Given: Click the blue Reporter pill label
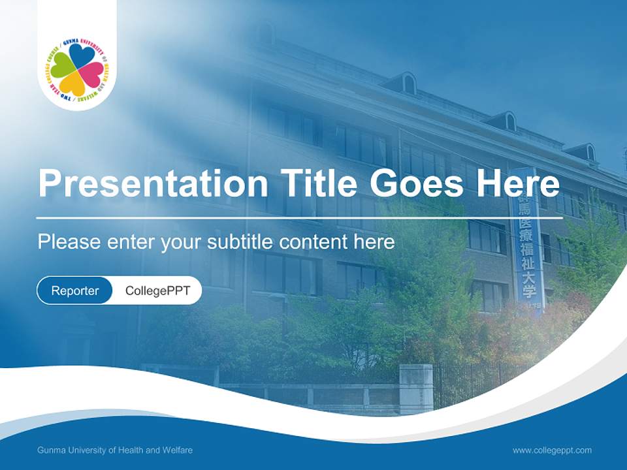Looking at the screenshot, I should [75, 290].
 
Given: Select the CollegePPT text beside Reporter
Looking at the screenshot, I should [157, 290].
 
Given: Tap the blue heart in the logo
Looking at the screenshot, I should [81, 57].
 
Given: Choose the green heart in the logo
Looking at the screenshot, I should [63, 66].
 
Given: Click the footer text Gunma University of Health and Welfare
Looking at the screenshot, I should [115, 450].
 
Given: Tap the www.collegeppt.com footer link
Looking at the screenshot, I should [552, 450].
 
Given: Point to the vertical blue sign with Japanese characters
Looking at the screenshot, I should [526, 242].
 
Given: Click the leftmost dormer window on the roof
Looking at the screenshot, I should [408, 84].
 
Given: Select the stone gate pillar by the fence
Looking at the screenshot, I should [416, 388].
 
